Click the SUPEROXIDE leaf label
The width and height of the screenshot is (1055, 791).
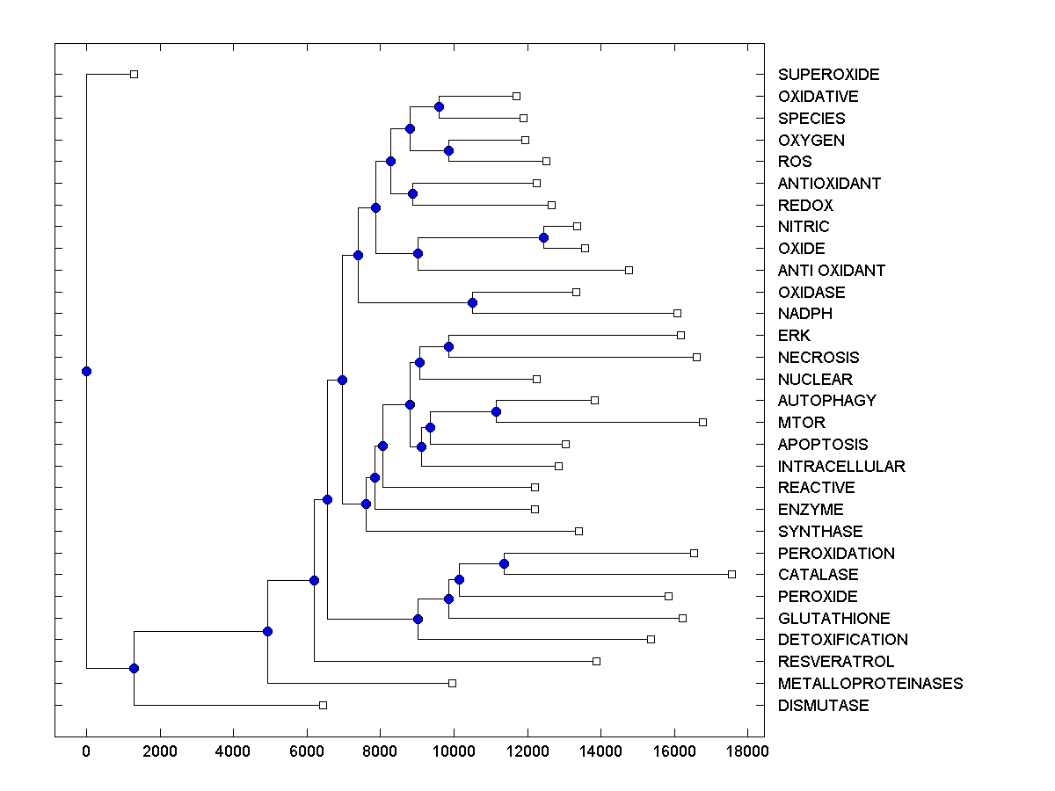[828, 75]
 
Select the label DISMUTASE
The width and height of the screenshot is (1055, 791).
[823, 706]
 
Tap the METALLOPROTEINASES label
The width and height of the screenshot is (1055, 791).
[869, 684]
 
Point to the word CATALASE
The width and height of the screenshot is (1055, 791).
[818, 575]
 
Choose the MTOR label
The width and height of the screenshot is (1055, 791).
[801, 423]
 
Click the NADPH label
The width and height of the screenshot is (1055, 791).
[804, 314]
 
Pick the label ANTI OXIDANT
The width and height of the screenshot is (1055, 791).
[831, 271]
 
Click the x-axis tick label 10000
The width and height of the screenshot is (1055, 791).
[455, 751]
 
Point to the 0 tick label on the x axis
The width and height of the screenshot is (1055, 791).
[86, 751]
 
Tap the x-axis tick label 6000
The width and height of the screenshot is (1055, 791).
[307, 751]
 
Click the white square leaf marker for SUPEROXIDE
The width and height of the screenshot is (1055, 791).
[134, 74]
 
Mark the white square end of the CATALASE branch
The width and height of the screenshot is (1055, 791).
[731, 574]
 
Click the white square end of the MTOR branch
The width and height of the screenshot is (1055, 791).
[702, 422]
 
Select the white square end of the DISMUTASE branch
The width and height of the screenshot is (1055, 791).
[323, 705]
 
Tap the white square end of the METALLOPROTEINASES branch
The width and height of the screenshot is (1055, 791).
[452, 683]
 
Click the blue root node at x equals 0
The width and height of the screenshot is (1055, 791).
[86, 371]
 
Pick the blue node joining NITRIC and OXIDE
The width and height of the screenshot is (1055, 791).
[543, 237]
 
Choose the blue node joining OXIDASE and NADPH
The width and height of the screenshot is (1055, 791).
[472, 302]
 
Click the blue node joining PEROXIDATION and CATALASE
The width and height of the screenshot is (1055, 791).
[504, 563]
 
